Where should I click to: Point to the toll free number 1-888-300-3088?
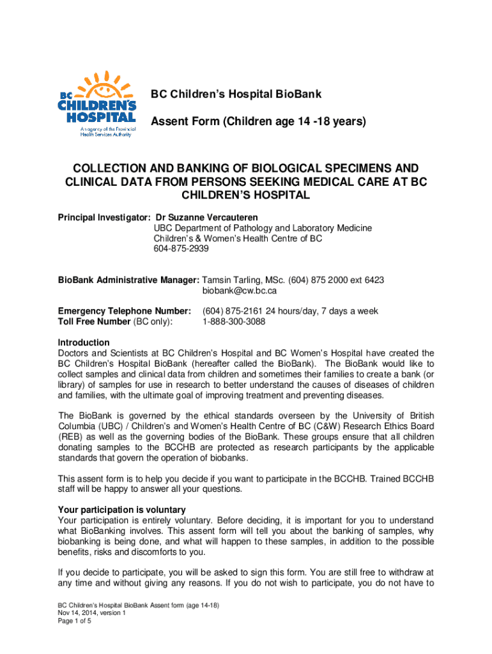234,321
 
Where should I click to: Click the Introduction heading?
84,342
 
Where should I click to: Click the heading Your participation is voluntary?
121,510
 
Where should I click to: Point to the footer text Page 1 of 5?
74,620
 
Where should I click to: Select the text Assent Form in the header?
181,121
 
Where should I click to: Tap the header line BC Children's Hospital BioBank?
236,95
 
